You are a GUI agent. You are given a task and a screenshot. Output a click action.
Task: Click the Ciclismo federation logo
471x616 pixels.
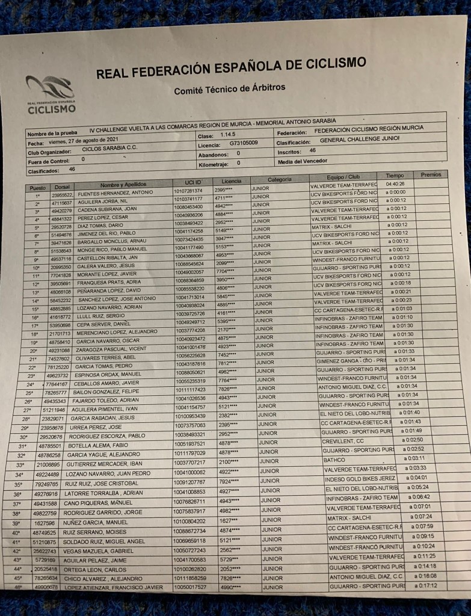(51, 95)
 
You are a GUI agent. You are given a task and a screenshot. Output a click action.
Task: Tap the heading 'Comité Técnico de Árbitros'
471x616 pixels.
(229, 89)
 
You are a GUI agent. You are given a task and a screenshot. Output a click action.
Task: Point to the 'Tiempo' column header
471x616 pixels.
(395, 176)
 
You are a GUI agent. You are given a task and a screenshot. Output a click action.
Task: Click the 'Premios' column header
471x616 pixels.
(431, 174)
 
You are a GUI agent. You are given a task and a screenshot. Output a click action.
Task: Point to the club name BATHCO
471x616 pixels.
(335, 459)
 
